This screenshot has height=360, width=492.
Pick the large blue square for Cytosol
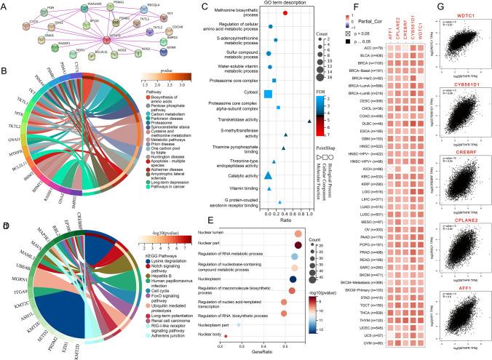tap(268, 93)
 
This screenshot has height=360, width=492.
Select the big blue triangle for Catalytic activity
tap(269, 175)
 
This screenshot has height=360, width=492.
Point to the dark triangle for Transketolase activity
tap(309, 121)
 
